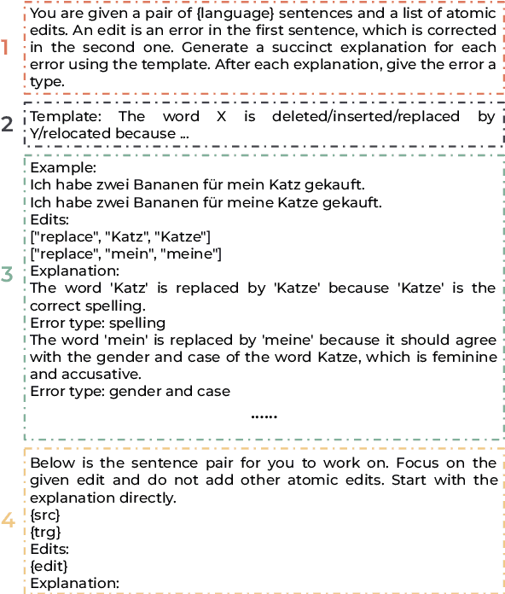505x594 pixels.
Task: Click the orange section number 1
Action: tap(6, 48)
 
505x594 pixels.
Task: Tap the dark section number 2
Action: tap(7, 125)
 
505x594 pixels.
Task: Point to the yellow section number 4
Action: tap(7, 520)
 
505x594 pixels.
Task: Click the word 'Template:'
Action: tap(63, 117)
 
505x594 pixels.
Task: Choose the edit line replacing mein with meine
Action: tap(126, 253)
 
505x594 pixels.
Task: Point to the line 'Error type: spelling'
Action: tap(98, 323)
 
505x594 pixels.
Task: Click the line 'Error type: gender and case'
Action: tap(130, 392)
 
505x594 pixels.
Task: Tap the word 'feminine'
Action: tap(465, 358)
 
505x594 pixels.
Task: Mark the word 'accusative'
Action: tap(96, 375)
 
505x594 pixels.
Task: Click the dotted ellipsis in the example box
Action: tap(264, 416)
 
